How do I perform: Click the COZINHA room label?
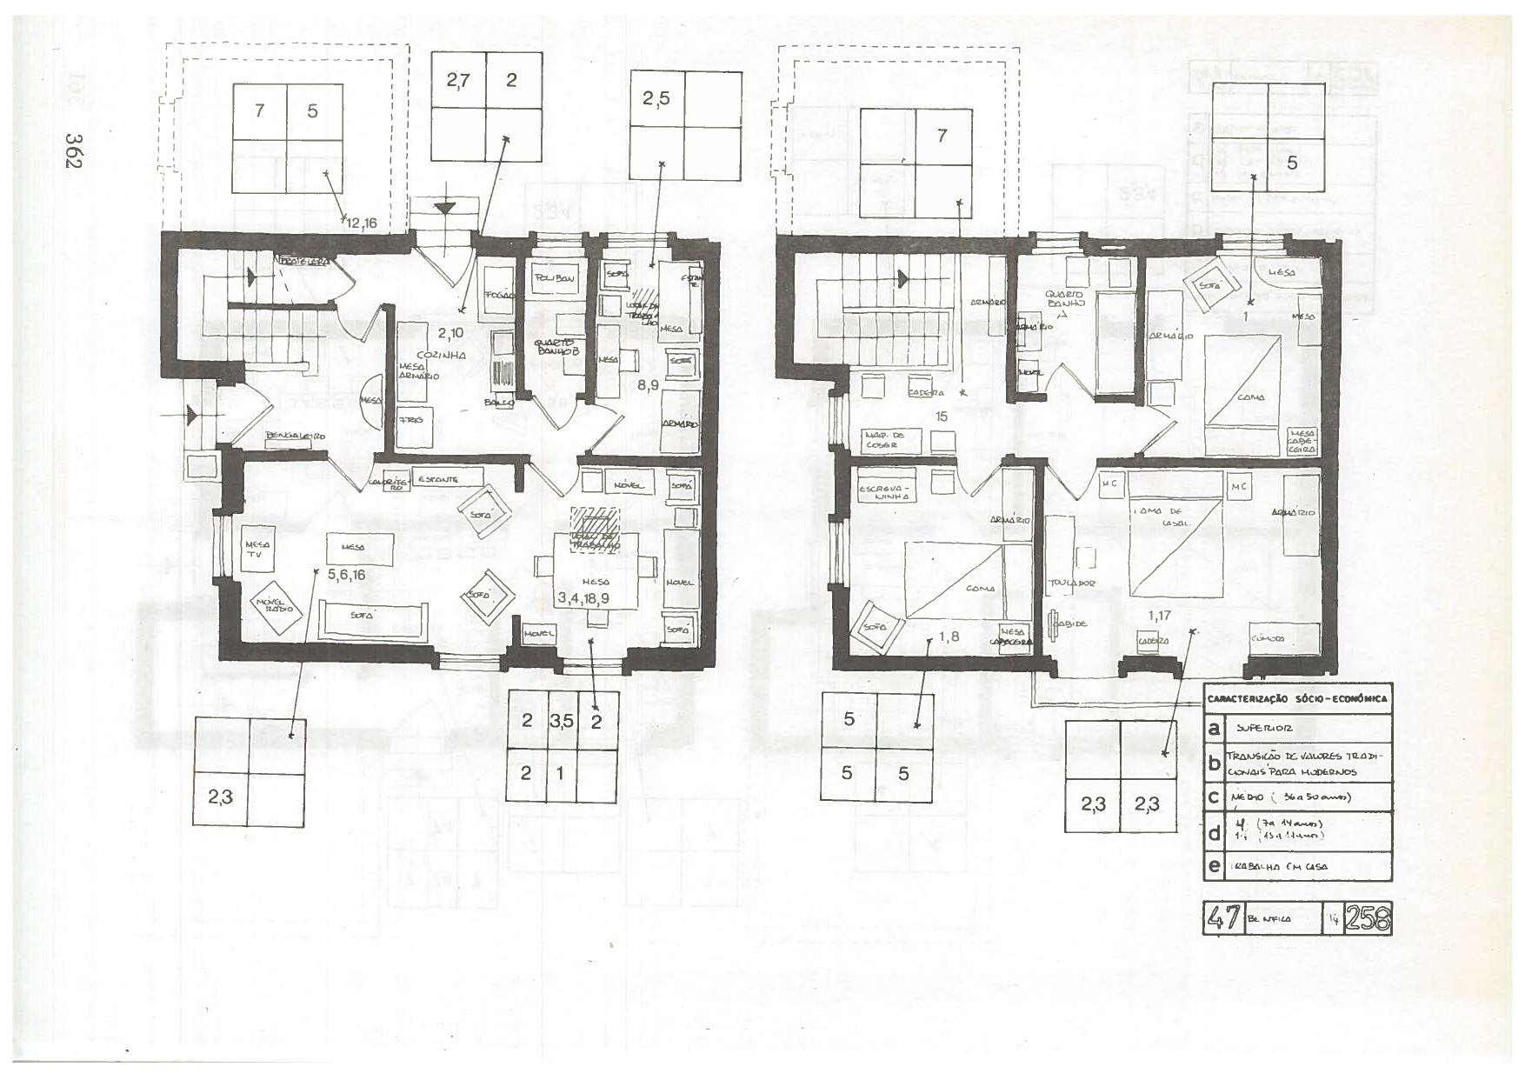click(x=442, y=356)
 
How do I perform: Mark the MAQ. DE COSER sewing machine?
click(x=882, y=439)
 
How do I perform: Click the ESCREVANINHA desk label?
click(x=885, y=492)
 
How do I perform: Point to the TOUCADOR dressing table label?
click(x=1071, y=583)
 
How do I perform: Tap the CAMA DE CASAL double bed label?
click(x=1164, y=517)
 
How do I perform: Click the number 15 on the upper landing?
click(x=942, y=417)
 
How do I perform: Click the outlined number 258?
click(x=1368, y=918)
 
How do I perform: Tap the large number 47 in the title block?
click(x=1223, y=918)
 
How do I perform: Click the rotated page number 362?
click(x=74, y=151)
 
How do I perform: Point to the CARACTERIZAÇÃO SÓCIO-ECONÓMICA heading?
click(x=1297, y=698)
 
